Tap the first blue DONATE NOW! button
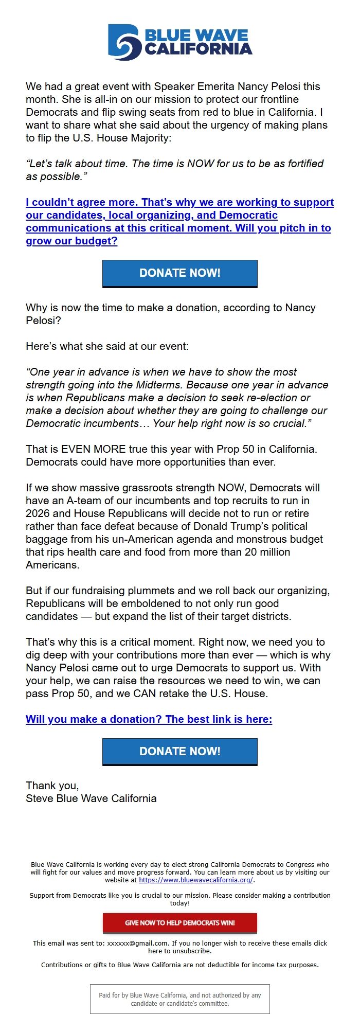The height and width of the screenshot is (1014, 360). point(179,273)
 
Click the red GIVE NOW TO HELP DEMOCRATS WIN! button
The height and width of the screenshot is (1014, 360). point(179,922)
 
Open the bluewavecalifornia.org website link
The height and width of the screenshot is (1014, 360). point(195,880)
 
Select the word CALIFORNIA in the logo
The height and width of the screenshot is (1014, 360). point(199,49)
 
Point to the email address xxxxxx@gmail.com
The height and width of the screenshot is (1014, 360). point(137,943)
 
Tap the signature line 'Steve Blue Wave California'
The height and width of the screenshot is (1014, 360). point(91,798)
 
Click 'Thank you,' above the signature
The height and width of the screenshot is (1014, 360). point(52,786)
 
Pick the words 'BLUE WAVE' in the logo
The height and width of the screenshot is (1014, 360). point(196,35)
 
